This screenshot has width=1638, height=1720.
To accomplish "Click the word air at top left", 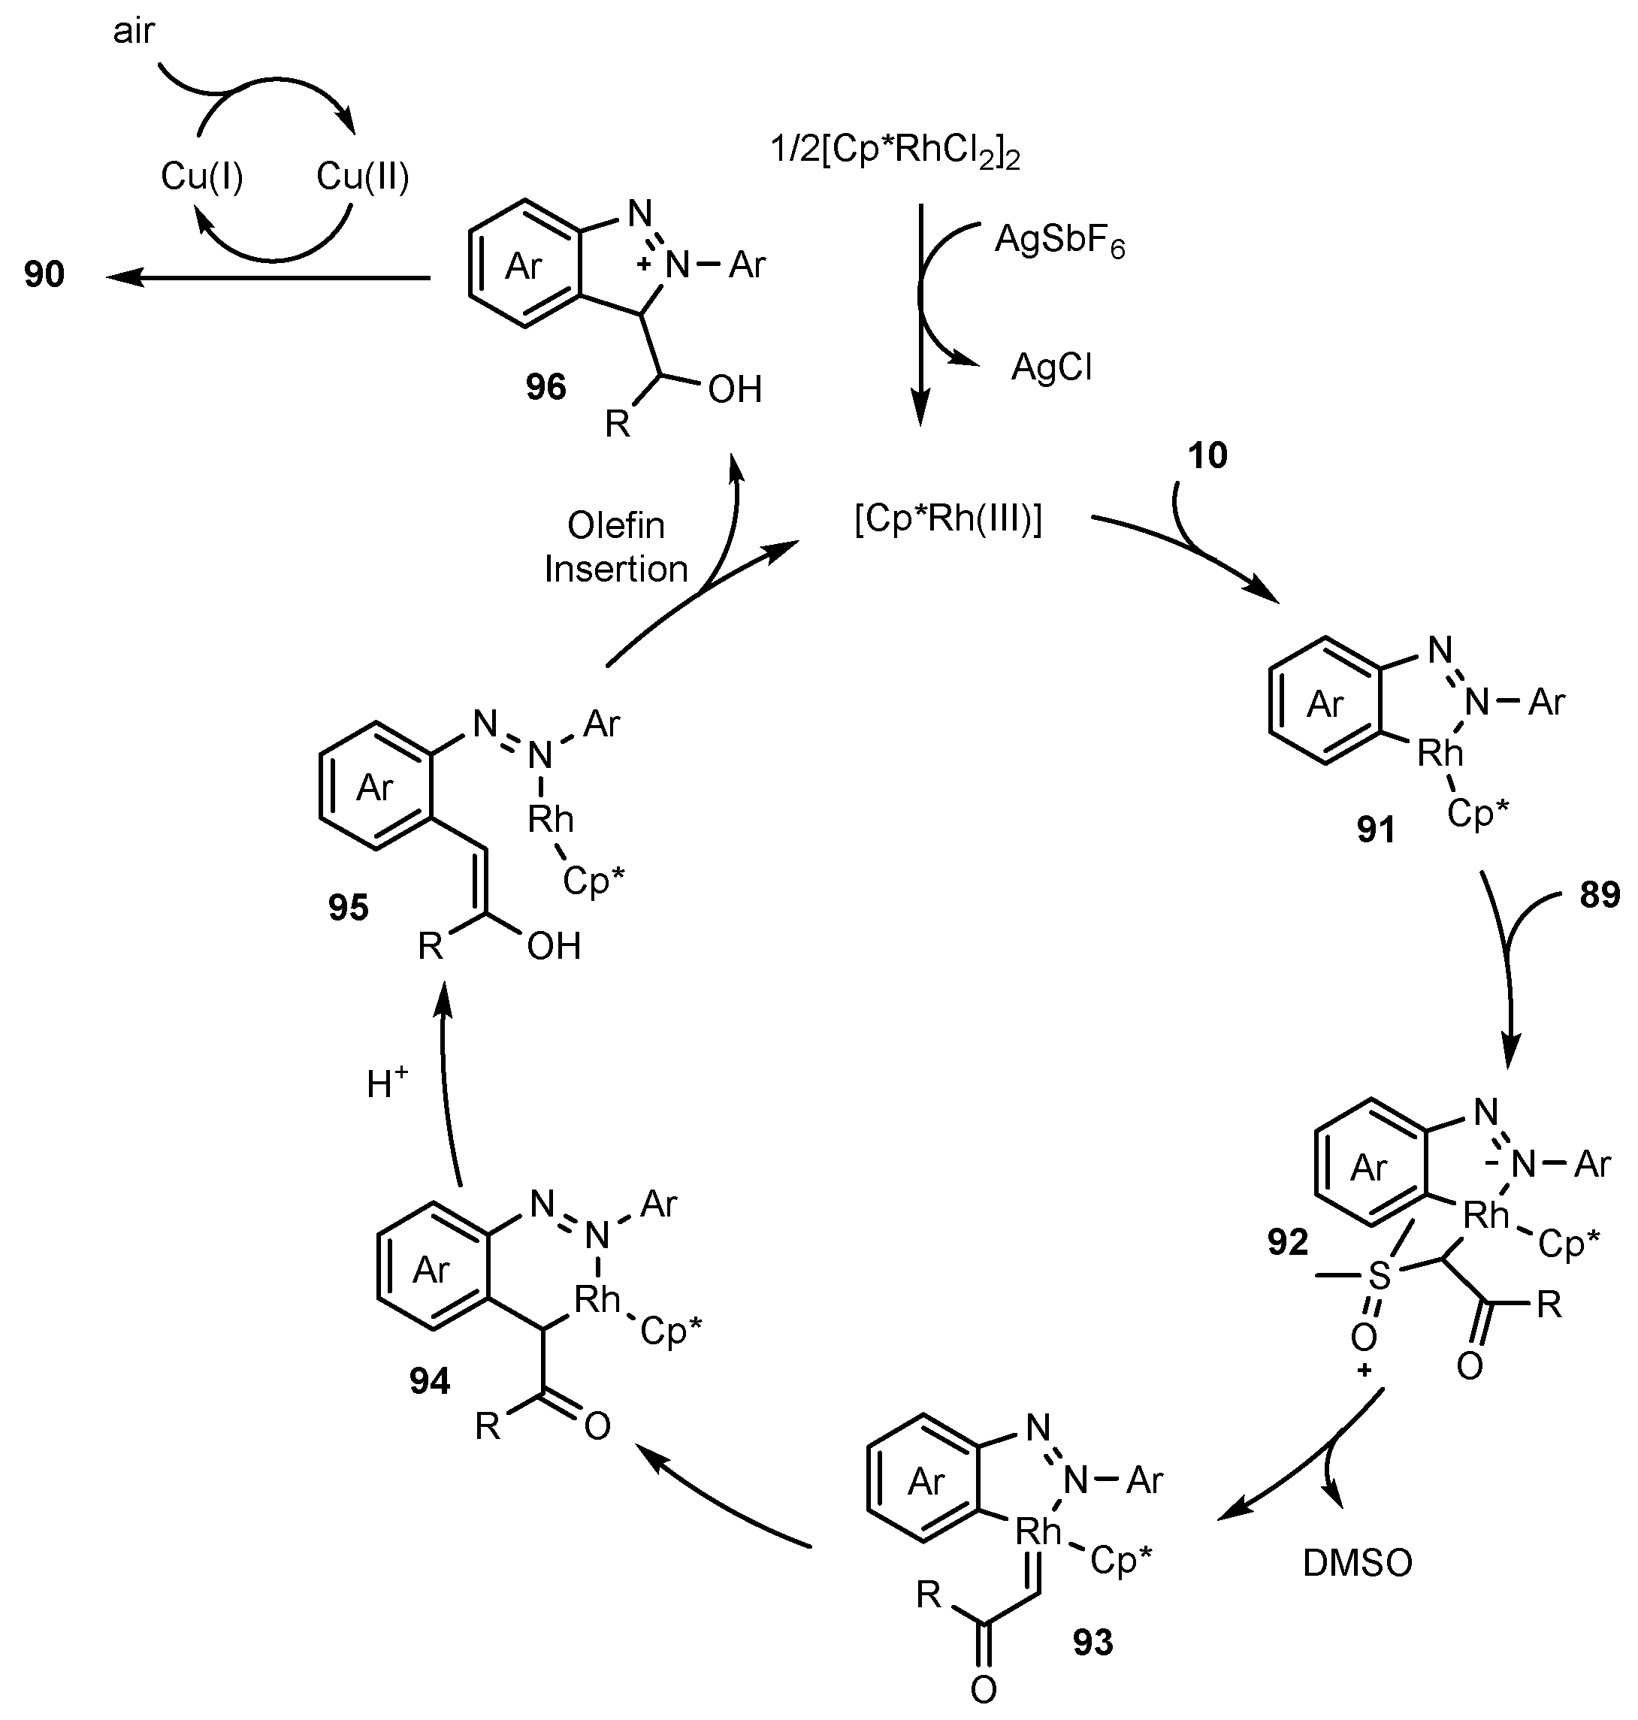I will coord(133,32).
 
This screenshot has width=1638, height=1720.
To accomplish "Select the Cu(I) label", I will coord(201,177).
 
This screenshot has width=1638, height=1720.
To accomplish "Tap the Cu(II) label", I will coord(362,177).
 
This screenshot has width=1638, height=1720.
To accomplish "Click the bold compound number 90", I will coord(44,275).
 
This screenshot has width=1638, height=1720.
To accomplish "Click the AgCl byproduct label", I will coord(1051,367).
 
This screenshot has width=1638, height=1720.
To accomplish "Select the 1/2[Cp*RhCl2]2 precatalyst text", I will coord(895,151).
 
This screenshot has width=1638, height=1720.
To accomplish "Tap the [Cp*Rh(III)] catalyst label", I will coord(948,519).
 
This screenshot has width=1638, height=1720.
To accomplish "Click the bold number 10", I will coord(1207,456).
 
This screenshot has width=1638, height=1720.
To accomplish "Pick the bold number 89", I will coord(1600,895).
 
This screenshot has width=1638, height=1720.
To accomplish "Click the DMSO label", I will coord(1357,1564).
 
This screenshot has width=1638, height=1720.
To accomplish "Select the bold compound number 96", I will coord(545,387).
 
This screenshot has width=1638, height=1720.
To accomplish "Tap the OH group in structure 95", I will coord(554,947).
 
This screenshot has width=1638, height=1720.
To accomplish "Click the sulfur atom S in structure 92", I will coord(1379,1276).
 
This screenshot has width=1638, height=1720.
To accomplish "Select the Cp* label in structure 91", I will coord(1477,814).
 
